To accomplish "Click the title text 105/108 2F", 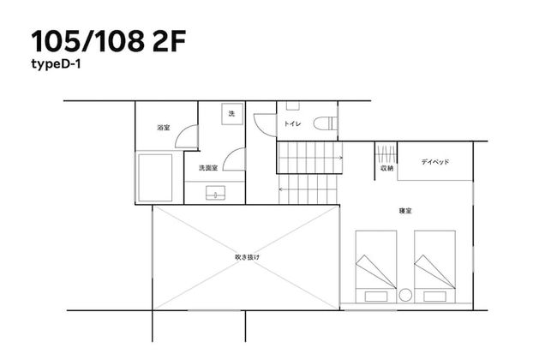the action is [x=109, y=41].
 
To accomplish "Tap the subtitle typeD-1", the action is [x=56, y=64].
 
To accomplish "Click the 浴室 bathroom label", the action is [x=164, y=128].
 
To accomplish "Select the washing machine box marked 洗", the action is [x=232, y=114].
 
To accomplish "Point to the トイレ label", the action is [x=292, y=123].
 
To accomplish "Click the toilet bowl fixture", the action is [x=325, y=123].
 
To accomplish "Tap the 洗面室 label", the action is [x=208, y=168].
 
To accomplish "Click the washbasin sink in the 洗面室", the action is [x=216, y=193].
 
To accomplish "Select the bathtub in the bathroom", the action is [x=155, y=177].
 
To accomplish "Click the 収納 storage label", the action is [x=386, y=169].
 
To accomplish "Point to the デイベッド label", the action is [x=435, y=162].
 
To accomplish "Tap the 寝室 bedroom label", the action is [x=405, y=211].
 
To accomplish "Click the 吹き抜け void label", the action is [x=248, y=257].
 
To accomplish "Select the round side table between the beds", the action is [x=405, y=296].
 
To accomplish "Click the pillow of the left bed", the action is [x=376, y=297].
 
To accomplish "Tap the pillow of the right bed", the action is [x=434, y=297].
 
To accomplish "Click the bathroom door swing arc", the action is [x=181, y=131].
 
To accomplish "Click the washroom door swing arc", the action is [x=229, y=153].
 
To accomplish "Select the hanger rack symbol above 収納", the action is [x=386, y=154].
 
